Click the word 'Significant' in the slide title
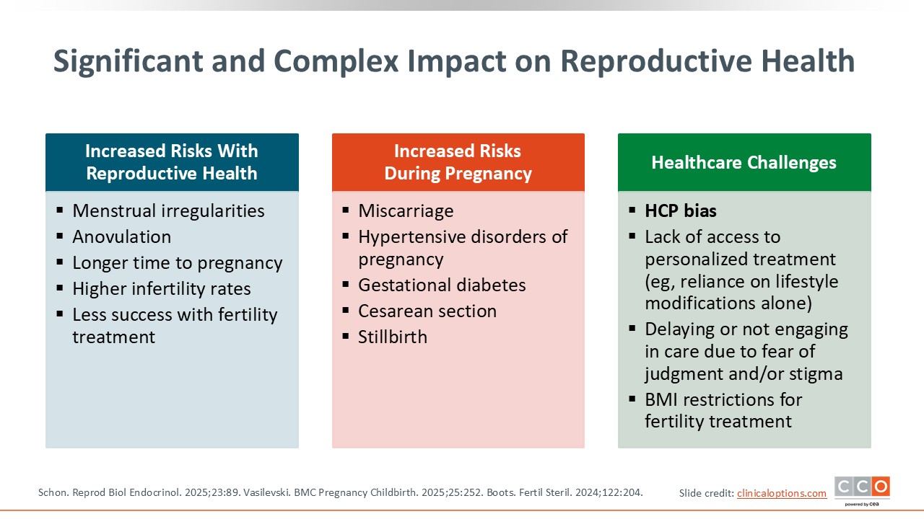pos(128,62)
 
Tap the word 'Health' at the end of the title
pos(808,61)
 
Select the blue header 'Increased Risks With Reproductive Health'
pos(172,162)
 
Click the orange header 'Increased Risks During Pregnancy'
pos(458,162)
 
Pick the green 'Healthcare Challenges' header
pos(744,162)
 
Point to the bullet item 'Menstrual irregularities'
pos(168,211)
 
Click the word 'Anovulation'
pos(122,237)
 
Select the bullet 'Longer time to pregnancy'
pos(178,263)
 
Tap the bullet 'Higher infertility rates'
pos(162,289)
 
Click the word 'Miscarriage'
pos(406,211)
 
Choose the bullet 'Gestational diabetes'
pos(442,285)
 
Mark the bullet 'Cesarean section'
pos(427,311)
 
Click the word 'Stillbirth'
pos(393,337)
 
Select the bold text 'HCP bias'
pos(681,211)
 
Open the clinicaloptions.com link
pos(782,493)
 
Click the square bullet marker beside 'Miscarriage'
pos(346,210)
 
